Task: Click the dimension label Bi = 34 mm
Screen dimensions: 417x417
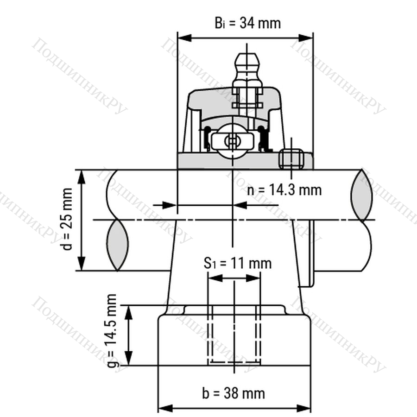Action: (247, 23)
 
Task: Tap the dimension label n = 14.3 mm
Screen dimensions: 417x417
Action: (284, 190)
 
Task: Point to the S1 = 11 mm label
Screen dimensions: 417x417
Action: (238, 263)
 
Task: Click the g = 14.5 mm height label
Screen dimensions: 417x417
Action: (112, 331)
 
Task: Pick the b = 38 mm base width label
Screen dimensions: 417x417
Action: (234, 393)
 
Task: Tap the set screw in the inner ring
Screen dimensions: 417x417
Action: (291, 159)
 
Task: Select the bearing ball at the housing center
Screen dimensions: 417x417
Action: (233, 141)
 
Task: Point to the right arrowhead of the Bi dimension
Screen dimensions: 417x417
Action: (306, 38)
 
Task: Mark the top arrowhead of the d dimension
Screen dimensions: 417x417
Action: (82, 177)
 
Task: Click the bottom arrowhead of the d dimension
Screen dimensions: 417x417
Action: (82, 264)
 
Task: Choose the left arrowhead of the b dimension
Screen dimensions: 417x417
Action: (165, 408)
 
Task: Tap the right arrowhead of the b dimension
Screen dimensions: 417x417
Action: (303, 408)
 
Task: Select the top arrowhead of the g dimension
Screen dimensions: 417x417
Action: (129, 313)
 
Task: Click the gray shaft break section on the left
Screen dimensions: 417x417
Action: (117, 245)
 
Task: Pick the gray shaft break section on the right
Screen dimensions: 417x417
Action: (361, 195)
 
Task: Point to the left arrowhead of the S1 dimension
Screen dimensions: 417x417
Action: (215, 278)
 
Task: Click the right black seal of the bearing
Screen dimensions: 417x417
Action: (263, 138)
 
